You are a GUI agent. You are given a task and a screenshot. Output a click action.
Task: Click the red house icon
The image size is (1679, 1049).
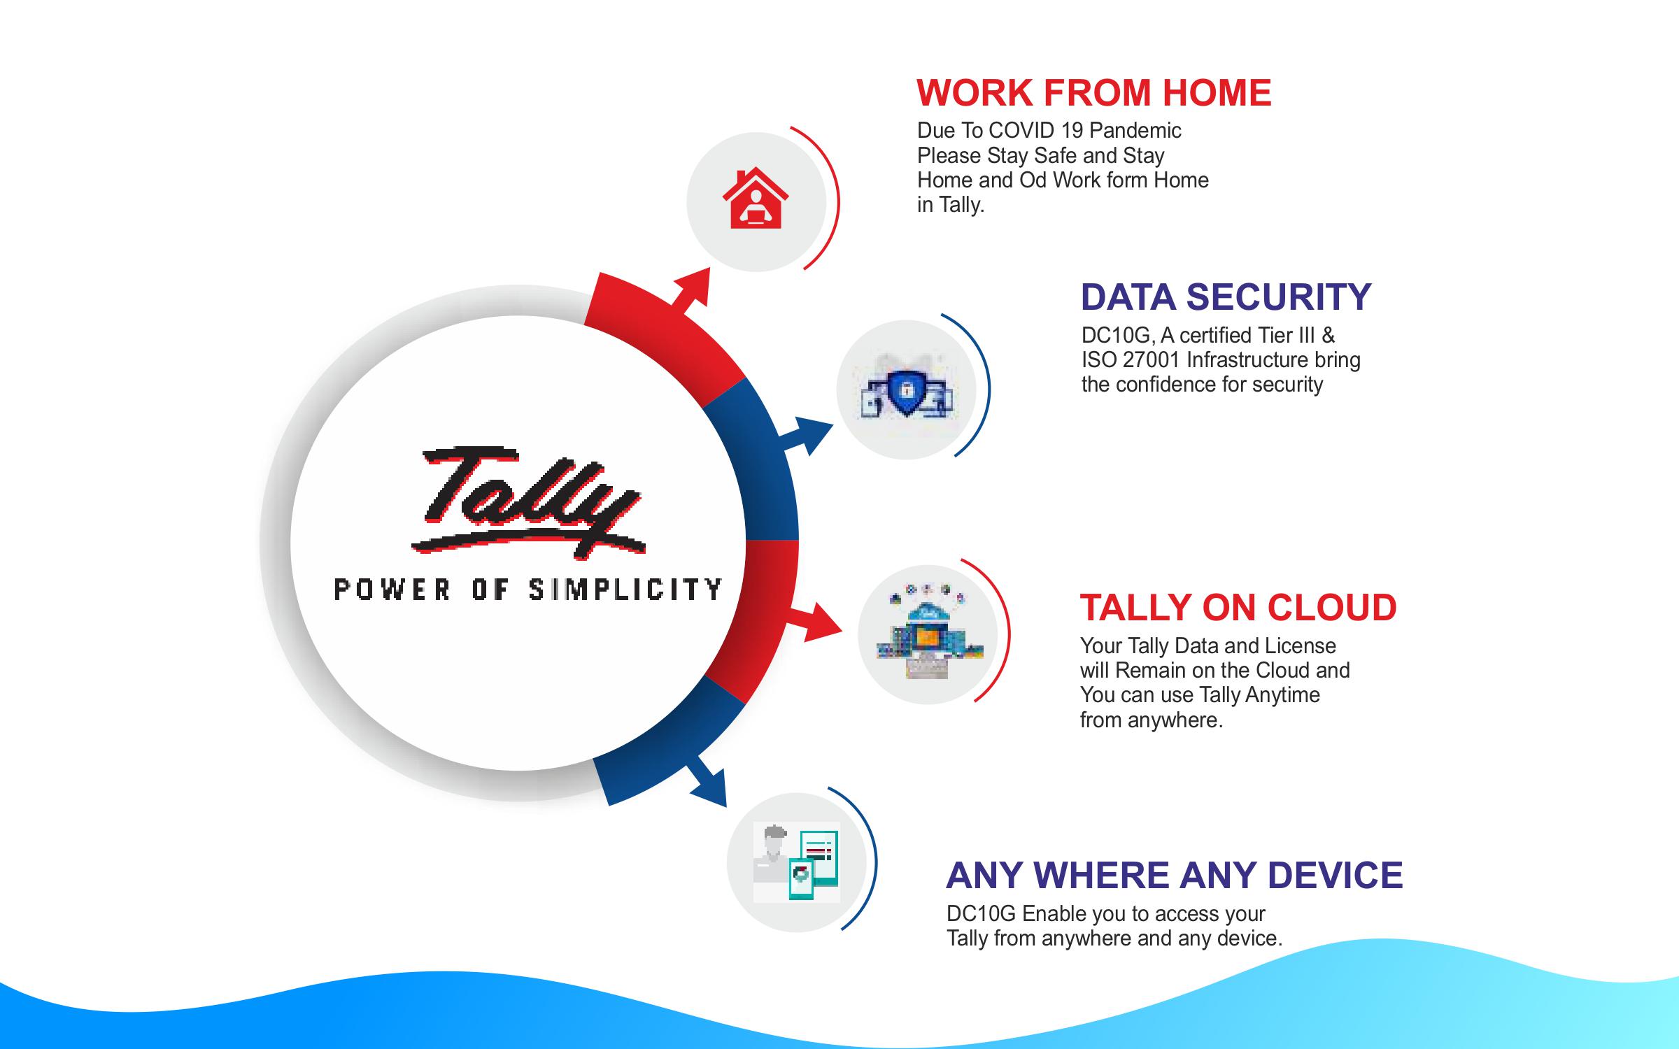click(756, 199)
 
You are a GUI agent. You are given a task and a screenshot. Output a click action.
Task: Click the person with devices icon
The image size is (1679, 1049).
click(796, 863)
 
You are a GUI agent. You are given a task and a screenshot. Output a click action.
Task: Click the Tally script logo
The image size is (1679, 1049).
click(528, 502)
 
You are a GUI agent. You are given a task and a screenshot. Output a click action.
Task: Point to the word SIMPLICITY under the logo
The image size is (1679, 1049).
click(625, 590)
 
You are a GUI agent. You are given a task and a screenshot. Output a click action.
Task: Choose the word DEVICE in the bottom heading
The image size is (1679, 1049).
click(1335, 875)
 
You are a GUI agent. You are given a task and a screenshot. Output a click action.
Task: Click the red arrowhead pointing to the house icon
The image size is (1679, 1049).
click(693, 287)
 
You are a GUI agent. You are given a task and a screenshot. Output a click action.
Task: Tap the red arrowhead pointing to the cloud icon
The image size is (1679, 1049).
click(823, 622)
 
